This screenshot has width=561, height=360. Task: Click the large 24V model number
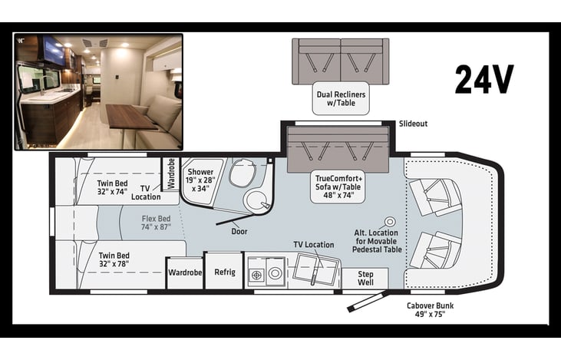pos(484,79)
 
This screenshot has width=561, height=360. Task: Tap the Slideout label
pos(413,124)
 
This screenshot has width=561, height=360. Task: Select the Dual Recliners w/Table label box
pos(341,98)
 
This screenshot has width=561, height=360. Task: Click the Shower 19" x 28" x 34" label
pos(200,180)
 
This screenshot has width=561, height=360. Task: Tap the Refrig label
pos(225,272)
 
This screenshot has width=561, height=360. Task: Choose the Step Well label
pos(365,278)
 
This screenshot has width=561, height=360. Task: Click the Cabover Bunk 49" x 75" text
pos(430,310)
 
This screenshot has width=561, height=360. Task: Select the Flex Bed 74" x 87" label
pos(156,223)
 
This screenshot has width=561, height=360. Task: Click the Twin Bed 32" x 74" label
pos(112,187)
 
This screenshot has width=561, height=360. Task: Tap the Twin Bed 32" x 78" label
pos(114,259)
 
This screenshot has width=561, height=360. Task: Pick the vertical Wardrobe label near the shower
pos(171,173)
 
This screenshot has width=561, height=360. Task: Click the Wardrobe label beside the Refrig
pos(185,272)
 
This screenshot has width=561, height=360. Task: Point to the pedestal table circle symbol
pos(390,223)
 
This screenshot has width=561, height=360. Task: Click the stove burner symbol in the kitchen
pos(256,276)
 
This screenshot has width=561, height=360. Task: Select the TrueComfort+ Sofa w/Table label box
pos(338,187)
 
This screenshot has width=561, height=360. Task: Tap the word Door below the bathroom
pos(239,232)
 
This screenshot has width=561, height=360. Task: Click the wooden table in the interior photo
pos(130,117)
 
